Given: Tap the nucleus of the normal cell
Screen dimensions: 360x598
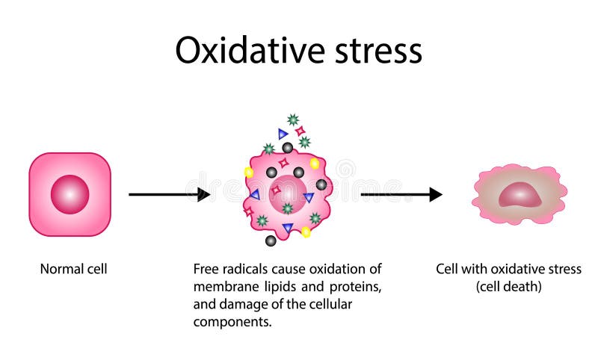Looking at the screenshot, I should (70, 194).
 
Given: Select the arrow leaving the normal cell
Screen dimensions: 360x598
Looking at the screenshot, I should (168, 195).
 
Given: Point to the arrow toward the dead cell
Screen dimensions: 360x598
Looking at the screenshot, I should (401, 195).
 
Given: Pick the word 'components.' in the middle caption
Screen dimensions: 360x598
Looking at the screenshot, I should (227, 323).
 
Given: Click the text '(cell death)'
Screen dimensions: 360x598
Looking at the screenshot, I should (508, 287).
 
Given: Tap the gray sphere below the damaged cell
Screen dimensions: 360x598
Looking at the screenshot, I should (271, 240).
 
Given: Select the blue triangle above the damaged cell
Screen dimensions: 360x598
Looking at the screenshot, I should (283, 134).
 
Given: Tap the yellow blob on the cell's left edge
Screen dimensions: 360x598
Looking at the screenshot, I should (249, 173).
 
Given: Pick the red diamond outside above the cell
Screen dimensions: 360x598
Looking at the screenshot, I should (300, 131).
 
